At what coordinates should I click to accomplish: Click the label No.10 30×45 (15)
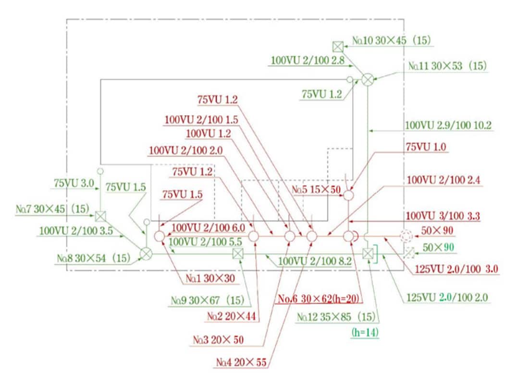pos(392,40)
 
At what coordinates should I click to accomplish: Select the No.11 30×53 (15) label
pos(447,65)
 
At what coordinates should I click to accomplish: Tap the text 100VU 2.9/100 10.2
pos(448,125)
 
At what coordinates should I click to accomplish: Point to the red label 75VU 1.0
pos(426,147)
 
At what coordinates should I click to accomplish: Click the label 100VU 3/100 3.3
pos(443,216)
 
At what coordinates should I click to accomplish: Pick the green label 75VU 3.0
pos(74,183)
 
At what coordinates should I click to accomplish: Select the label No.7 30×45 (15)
pos(52,209)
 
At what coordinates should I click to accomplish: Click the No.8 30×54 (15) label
pos(94,259)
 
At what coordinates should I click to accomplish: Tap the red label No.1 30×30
pos(210,279)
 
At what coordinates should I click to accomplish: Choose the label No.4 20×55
pos(241,362)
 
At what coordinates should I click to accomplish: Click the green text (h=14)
pos(365,332)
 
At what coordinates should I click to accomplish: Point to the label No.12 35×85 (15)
pos(336,317)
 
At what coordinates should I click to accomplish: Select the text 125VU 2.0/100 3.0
pos(456,269)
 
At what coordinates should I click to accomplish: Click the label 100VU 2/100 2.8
pos(308,61)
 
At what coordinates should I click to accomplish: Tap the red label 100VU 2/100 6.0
pos(208,227)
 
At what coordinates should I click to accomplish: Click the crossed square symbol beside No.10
pos(338,46)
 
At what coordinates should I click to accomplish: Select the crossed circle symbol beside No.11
pos(368,80)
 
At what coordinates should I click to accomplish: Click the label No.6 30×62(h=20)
pos(319,298)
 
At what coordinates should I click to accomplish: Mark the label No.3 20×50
pos(218,340)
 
